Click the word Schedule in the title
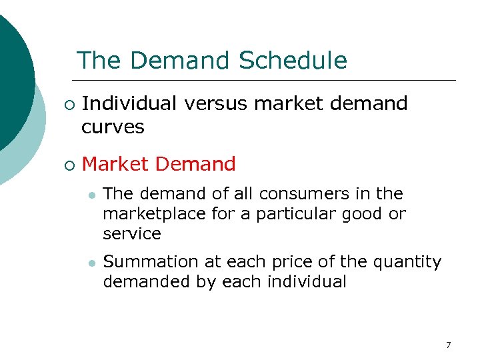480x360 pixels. [293, 61]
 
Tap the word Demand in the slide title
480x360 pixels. [181, 61]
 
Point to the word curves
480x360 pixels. [113, 127]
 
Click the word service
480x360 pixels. [132, 234]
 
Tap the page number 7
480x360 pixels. [448, 345]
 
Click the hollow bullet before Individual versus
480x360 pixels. [67, 105]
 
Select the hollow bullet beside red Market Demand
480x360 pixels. [67, 165]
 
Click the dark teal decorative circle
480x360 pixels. [10, 80]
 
